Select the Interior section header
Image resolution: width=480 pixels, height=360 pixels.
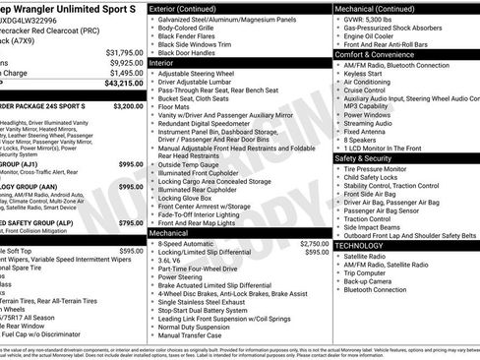pos(167,62)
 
